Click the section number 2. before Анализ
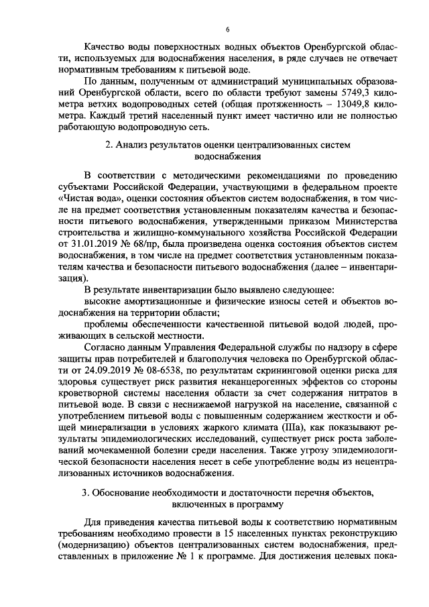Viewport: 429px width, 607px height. [x=109, y=145]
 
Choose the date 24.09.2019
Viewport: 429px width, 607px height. [x=101, y=370]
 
